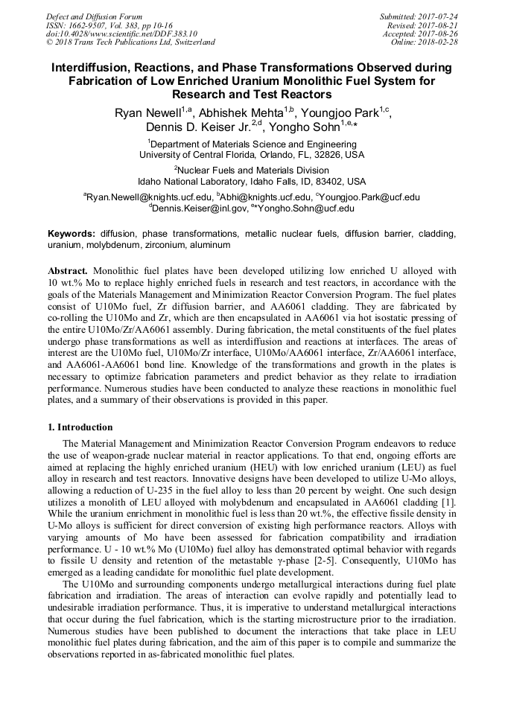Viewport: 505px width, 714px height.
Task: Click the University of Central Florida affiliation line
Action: pyautogui.click(x=252, y=155)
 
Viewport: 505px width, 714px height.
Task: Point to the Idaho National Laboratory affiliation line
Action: pyautogui.click(x=252, y=181)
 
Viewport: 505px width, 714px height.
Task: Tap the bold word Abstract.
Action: pyautogui.click(x=68, y=271)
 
